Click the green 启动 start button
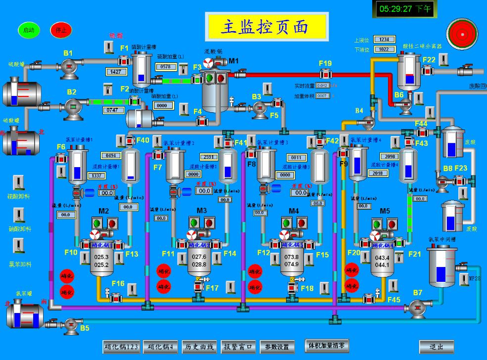(29, 30)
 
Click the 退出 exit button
(436, 347)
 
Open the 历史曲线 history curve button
(198, 347)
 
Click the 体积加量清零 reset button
(327, 346)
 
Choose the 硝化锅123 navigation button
(121, 347)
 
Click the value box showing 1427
(117, 72)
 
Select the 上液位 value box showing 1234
(384, 40)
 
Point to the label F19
(325, 63)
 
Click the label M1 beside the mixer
(233, 61)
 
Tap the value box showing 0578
(166, 67)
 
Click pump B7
(415, 307)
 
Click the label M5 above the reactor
(385, 211)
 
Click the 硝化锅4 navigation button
(161, 347)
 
